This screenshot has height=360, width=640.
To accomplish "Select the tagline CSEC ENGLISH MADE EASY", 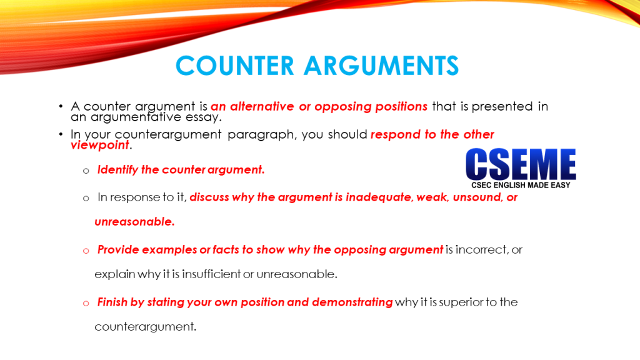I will click(x=521, y=185).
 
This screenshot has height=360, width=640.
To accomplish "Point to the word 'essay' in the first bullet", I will click(x=206, y=117).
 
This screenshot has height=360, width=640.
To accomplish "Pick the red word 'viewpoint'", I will click(x=99, y=145).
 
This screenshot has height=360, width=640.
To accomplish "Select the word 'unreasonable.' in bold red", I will click(x=134, y=222).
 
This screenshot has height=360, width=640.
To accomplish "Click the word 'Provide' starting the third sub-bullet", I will click(x=117, y=250).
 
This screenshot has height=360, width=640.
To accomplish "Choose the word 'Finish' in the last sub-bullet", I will click(x=112, y=302).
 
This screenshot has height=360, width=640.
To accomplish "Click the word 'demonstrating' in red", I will click(x=352, y=302).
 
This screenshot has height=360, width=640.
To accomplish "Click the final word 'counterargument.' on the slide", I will click(x=145, y=326).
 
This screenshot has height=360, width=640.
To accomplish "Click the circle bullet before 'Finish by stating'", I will click(x=86, y=303).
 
